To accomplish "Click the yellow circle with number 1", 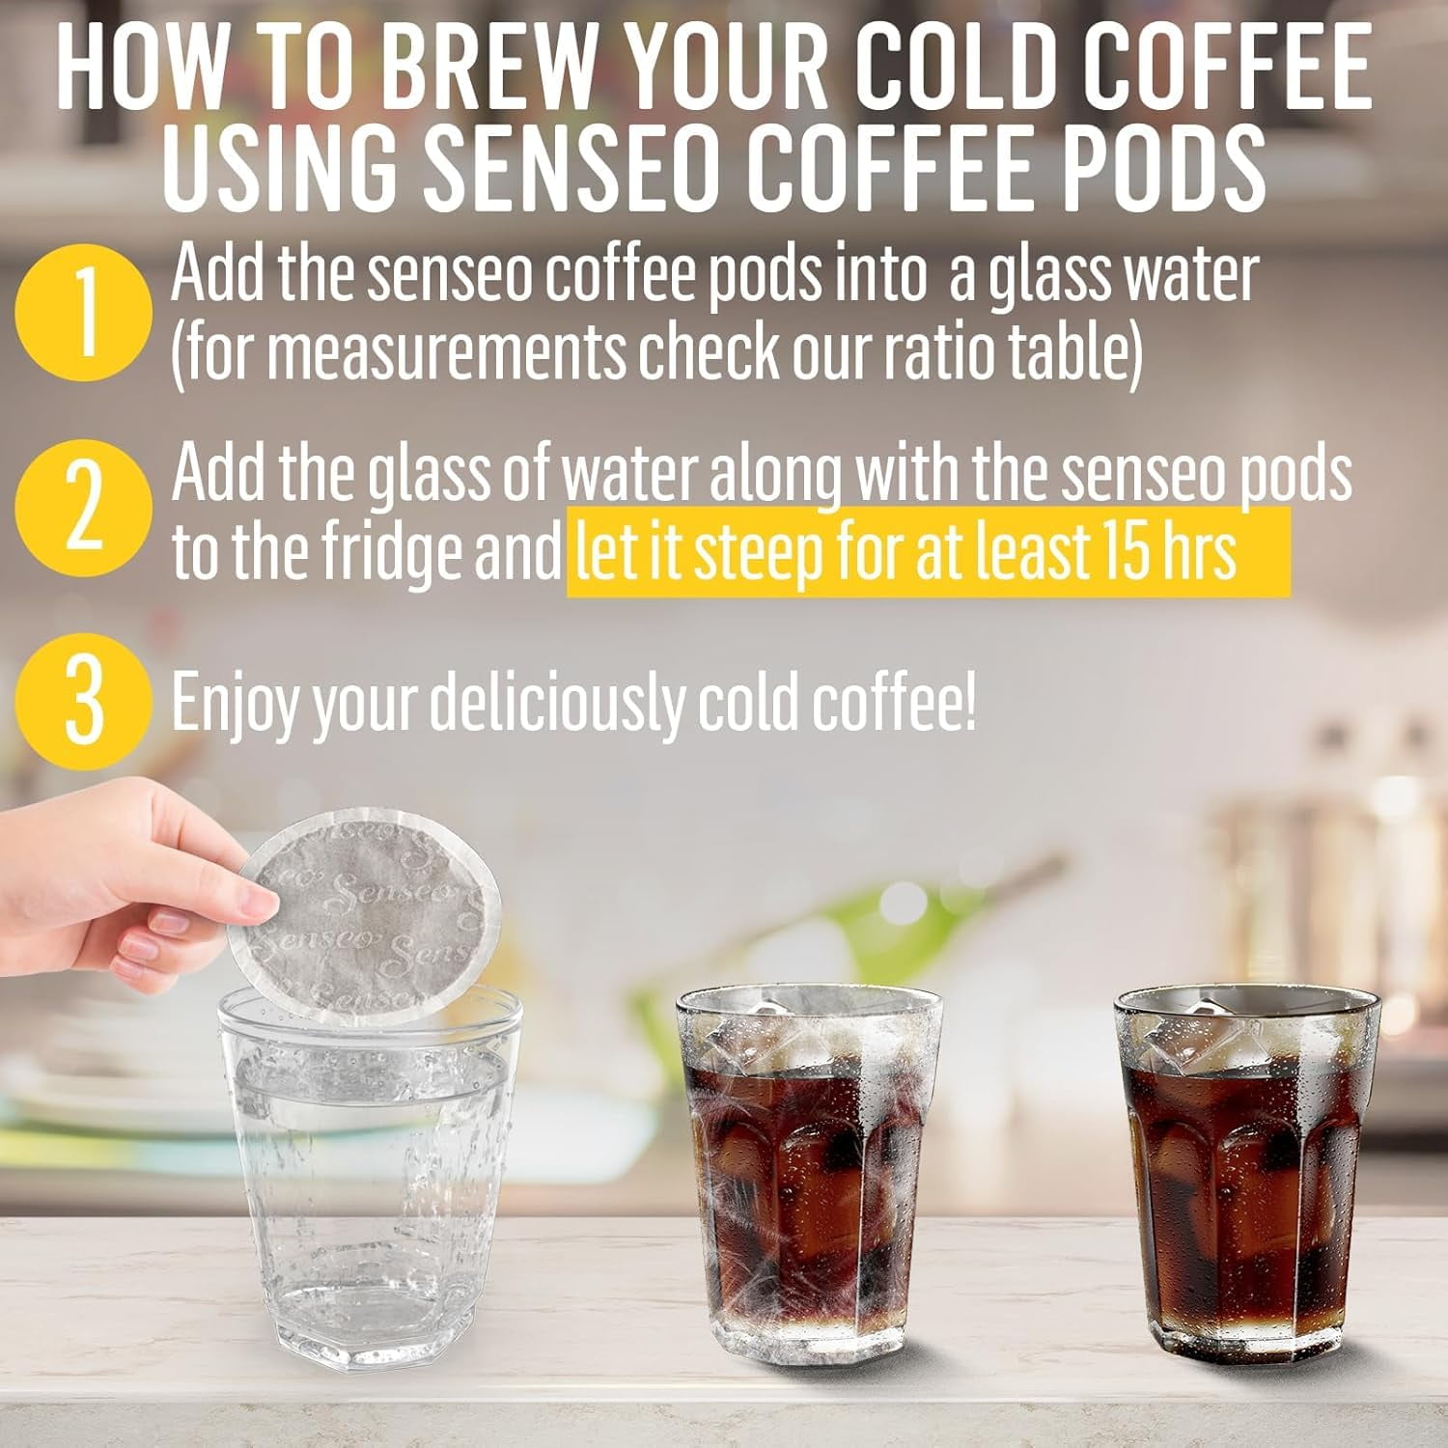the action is [84, 312].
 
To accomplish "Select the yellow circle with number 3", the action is [84, 702].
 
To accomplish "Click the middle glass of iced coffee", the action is [809, 1168].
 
